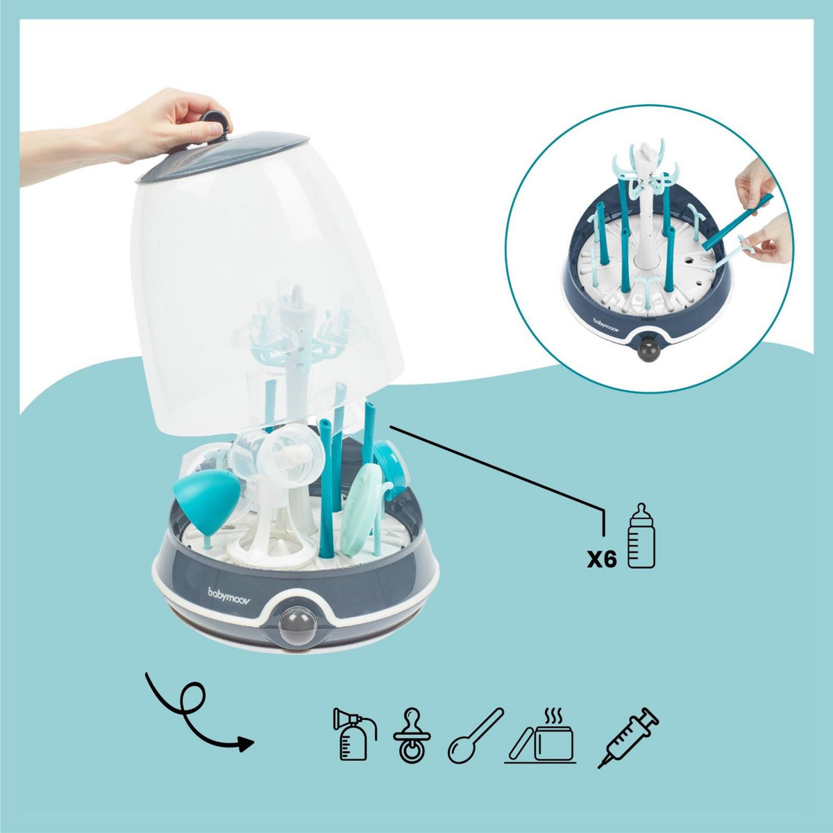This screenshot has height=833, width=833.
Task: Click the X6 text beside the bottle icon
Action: click(602, 560)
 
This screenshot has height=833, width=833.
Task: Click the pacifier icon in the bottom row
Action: click(412, 734)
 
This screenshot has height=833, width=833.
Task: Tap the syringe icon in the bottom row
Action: click(628, 737)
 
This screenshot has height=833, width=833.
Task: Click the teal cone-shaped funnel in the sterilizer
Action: click(203, 494)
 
